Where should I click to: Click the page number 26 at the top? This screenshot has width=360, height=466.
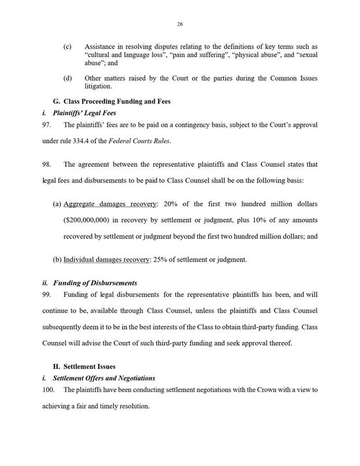pos(180,24)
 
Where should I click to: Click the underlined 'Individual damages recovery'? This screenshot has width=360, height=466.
pos(106,259)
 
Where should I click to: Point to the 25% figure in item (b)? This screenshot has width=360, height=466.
pos(161,259)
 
